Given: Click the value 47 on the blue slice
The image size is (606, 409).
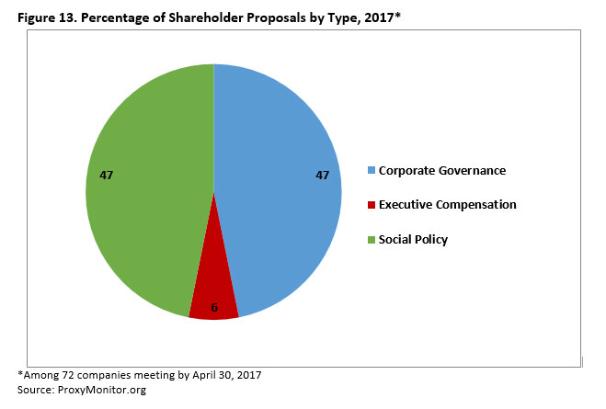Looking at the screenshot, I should (x=322, y=175).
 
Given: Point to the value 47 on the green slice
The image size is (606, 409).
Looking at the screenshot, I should (x=106, y=175).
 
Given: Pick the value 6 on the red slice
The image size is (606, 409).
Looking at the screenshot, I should (x=214, y=307).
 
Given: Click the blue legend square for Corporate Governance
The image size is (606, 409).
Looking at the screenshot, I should (x=371, y=170).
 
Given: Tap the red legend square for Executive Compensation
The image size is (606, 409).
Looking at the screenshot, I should (x=371, y=205).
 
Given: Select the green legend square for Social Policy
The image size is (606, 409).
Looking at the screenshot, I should (x=371, y=240).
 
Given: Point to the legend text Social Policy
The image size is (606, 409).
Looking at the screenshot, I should (x=413, y=240).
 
